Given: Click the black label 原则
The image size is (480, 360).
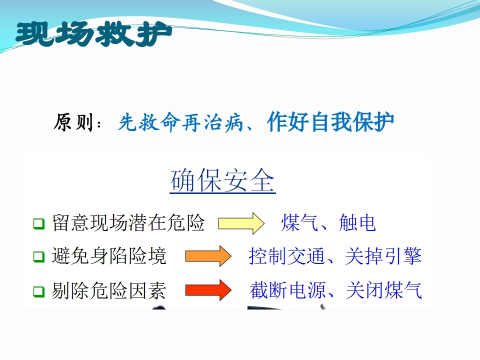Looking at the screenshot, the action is pos(73,122).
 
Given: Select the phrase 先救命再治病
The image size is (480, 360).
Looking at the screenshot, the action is pos(180,122).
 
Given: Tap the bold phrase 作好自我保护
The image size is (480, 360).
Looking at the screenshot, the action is pos(330,122).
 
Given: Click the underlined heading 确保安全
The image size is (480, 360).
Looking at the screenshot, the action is pos(222,180).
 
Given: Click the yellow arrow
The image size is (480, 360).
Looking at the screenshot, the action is pos(241,223).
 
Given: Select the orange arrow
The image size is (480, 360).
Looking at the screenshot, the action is pos(208,256).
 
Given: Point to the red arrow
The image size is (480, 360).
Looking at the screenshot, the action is pos(208,290).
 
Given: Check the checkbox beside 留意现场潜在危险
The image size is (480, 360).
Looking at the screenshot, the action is pos(39,223).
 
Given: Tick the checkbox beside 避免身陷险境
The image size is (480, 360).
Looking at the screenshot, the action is pos(39,256).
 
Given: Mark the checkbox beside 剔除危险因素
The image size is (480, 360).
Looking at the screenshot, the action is pos(39,291).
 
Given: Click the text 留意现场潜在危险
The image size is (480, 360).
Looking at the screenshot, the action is pos(128,222).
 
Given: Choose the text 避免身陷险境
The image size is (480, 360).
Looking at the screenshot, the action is pos(109,256).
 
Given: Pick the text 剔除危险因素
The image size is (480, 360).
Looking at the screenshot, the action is pos(109,290).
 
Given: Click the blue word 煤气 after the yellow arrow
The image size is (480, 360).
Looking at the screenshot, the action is pos(299,222).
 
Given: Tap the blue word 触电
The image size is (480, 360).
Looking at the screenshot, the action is pos(357,222).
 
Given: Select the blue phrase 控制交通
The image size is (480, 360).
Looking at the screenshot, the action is pos(286,256).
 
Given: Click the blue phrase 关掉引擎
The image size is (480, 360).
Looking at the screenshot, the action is pos(383,256).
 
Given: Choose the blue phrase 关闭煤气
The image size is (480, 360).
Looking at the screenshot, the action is pos(384,290).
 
